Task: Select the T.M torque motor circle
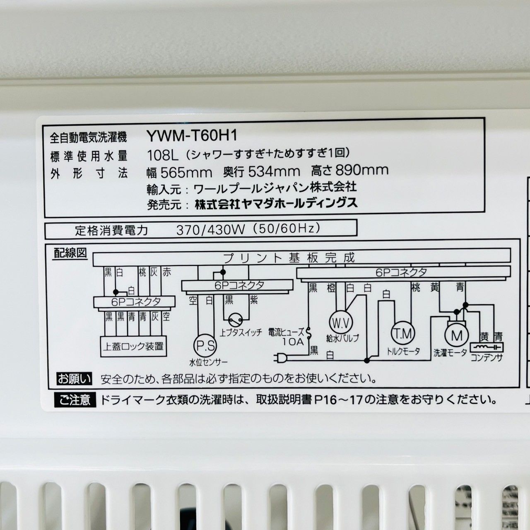pyautogui.click(x=402, y=332)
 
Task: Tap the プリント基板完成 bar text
pyautogui.click(x=289, y=258)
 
